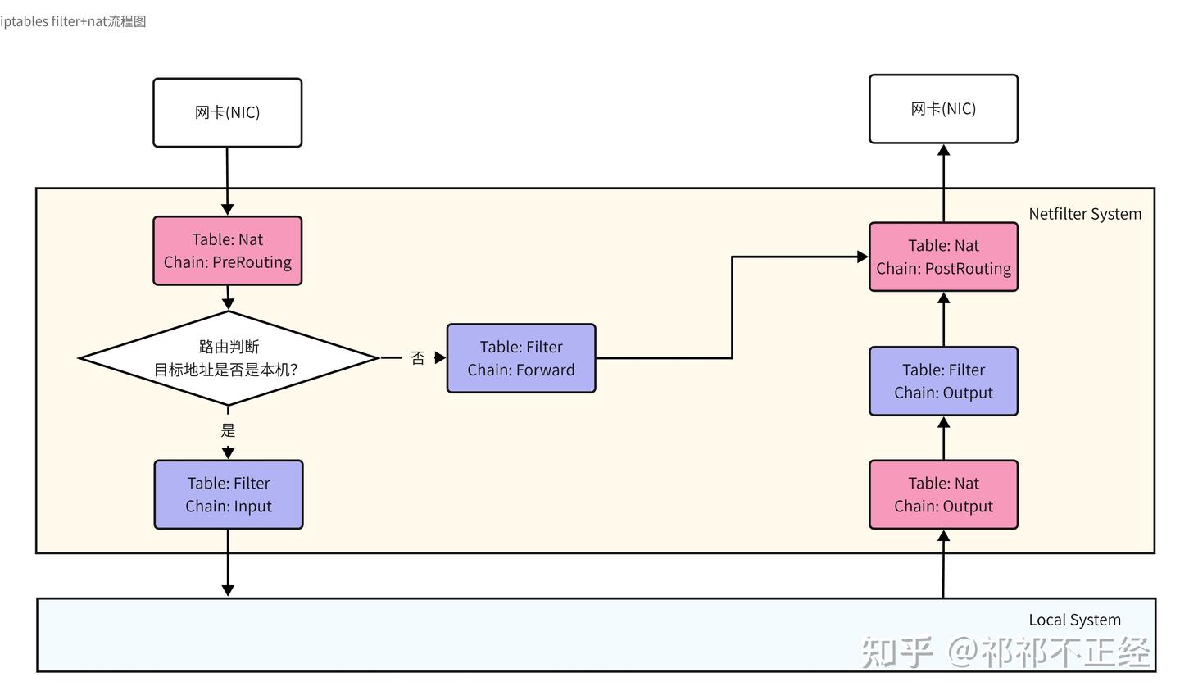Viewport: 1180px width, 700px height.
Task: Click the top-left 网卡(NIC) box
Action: [x=227, y=112]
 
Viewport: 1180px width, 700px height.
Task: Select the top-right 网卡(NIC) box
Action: [x=943, y=109]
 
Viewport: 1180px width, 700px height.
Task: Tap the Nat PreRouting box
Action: [x=227, y=251]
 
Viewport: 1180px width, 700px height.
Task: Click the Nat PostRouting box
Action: [x=943, y=257]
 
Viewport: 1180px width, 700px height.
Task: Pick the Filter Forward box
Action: [x=521, y=358]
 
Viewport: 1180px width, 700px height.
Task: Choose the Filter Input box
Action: [x=229, y=494]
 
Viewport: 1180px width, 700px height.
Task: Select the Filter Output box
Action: [x=943, y=381]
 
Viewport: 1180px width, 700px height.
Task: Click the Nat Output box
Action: [x=943, y=494]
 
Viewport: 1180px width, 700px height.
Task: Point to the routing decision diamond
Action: [x=228, y=358]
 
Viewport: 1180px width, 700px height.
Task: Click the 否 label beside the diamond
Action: [x=418, y=358]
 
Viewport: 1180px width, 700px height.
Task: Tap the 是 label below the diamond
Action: [x=228, y=430]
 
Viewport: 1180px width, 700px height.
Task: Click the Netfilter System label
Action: [x=1085, y=214]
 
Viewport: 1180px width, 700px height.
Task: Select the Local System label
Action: [x=1074, y=620]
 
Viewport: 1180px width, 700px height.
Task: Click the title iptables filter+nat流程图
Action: [x=73, y=21]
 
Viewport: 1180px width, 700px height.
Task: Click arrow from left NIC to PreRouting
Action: [x=227, y=181]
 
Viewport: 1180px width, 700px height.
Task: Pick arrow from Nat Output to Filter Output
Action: [x=943, y=438]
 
